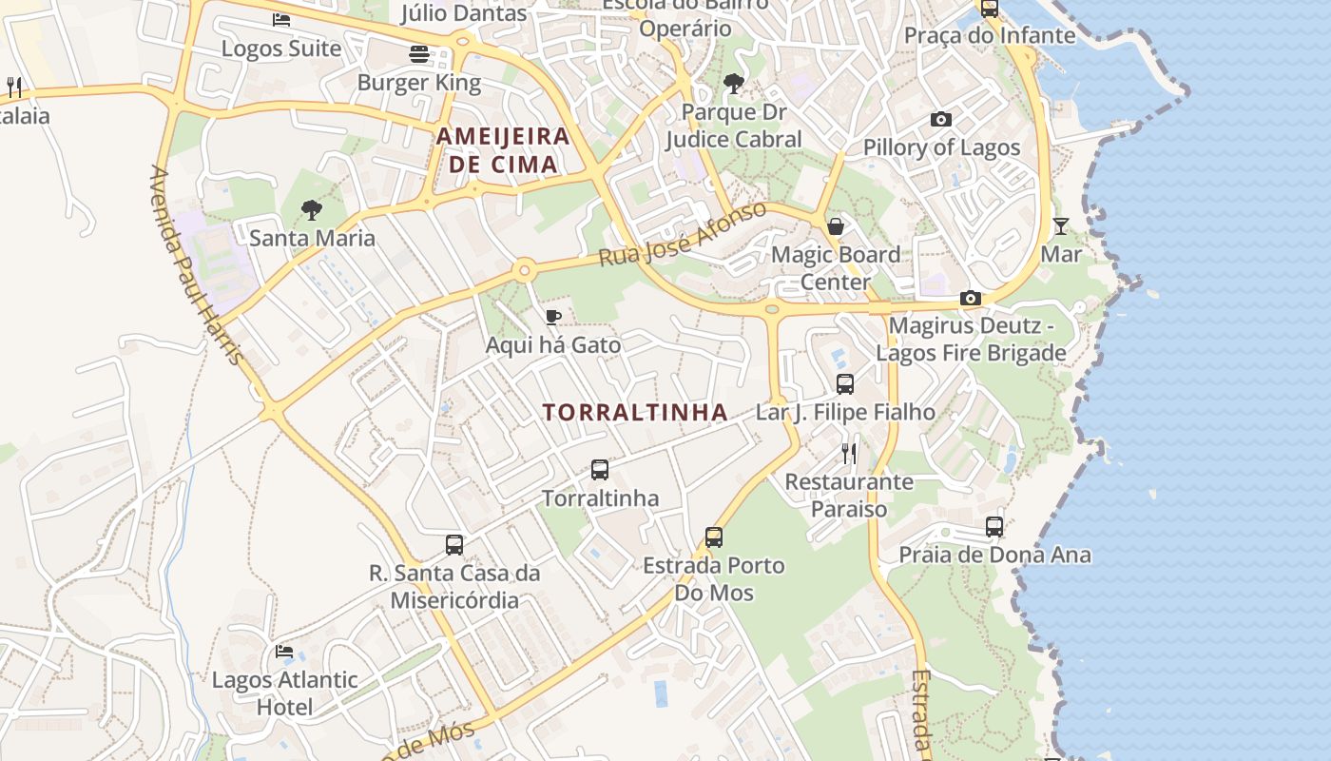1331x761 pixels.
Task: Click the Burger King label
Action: pos(419,83)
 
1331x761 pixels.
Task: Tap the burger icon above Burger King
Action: pos(419,54)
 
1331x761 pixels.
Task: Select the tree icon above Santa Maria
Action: pos(311,210)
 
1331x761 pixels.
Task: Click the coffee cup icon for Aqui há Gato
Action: pos(553,317)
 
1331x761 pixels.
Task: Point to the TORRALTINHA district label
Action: pos(635,412)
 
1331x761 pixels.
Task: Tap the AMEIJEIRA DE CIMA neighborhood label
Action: pos(503,150)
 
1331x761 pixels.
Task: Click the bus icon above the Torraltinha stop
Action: pos(600,469)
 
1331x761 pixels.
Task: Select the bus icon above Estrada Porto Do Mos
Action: pos(714,537)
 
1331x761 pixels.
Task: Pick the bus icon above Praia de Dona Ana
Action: pos(994,526)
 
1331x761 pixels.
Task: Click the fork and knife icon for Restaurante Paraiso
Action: pos(849,453)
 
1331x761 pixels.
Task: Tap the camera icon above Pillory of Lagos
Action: pos(941,119)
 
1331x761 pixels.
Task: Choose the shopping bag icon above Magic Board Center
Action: pos(836,225)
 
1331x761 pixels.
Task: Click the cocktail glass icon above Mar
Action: pos(1061,225)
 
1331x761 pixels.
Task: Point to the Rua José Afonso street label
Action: pos(683,234)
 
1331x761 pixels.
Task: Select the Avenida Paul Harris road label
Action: pos(197,265)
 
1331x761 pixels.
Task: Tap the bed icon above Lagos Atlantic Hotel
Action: pos(284,652)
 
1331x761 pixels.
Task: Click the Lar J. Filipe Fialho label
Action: pos(845,412)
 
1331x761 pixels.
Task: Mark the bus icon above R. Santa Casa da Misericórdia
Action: pos(454,545)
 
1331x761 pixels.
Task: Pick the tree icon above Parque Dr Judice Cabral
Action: pos(733,84)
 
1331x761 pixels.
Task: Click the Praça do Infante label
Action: pos(990,36)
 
